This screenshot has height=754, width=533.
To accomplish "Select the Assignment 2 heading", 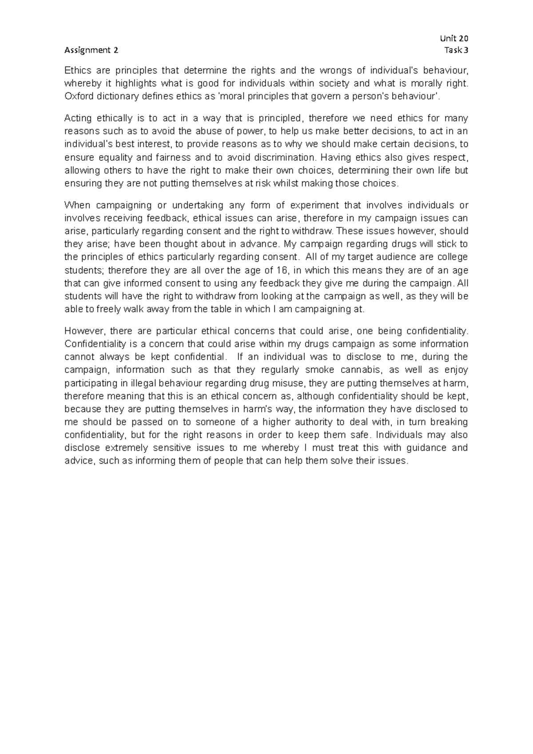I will pyautogui.click(x=91, y=50).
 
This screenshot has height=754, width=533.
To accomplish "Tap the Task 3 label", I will pyautogui.click(x=456, y=50).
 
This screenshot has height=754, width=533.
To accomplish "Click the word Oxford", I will pyautogui.click(x=77, y=96).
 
